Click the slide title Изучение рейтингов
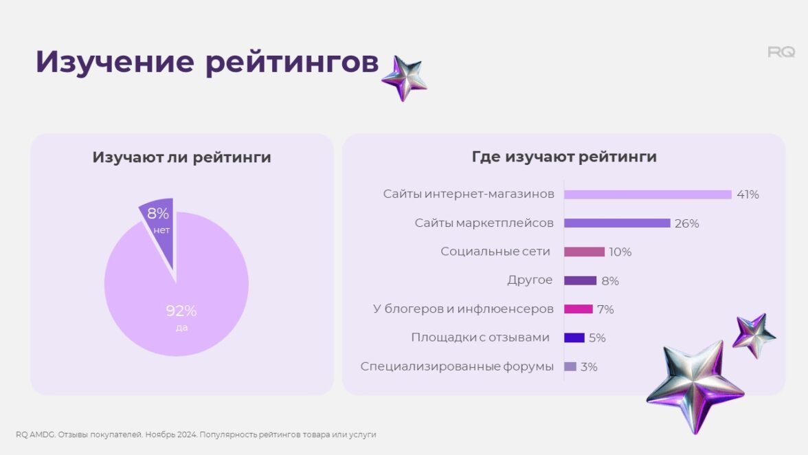[x=207, y=62]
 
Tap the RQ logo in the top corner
[x=781, y=52]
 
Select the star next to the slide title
[x=404, y=78]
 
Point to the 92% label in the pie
[x=181, y=311]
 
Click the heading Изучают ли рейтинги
[x=181, y=157]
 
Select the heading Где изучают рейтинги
[x=564, y=157]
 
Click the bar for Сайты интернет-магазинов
[x=647, y=195]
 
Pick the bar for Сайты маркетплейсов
[x=616, y=223]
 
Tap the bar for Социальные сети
[x=584, y=252]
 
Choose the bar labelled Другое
[x=580, y=280]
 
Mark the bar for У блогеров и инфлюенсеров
[x=578, y=309]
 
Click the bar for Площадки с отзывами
[x=574, y=337]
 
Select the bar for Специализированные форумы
[x=570, y=366]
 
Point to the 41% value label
[x=747, y=195]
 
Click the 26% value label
[x=687, y=223]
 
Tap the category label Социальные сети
[x=495, y=252]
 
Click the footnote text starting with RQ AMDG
[x=196, y=434]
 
